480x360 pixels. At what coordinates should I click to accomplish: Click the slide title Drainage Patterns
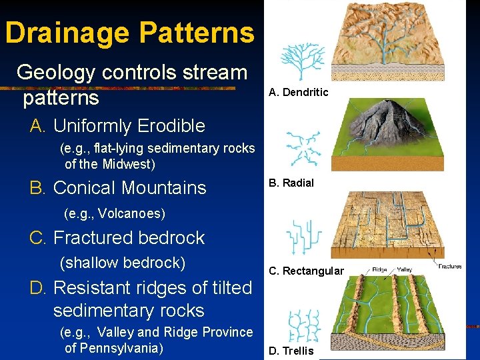click(x=129, y=33)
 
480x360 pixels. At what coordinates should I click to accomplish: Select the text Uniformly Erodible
click(x=129, y=125)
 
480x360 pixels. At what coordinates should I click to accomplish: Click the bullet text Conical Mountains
click(x=129, y=188)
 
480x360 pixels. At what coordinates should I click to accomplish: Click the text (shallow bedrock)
click(x=123, y=263)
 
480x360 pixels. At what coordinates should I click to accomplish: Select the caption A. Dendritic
click(x=298, y=92)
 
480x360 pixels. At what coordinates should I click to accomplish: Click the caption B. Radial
click(x=291, y=183)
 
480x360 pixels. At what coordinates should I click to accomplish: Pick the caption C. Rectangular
click(x=306, y=271)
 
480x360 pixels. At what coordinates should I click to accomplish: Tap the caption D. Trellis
click(x=291, y=351)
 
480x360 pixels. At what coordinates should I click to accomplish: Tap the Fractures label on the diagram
click(x=450, y=267)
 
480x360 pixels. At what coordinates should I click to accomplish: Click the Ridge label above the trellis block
click(x=379, y=269)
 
